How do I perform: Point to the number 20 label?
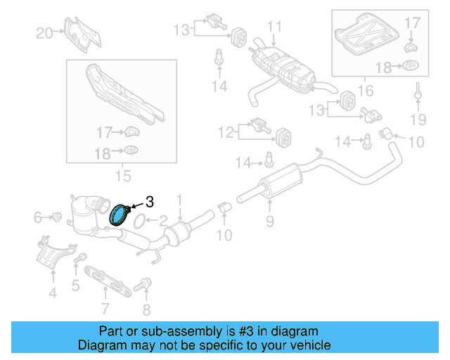(44, 32)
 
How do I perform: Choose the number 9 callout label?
(269, 223)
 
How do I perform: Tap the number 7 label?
(105, 307)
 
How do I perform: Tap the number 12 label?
(227, 131)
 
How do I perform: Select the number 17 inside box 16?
(412, 23)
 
